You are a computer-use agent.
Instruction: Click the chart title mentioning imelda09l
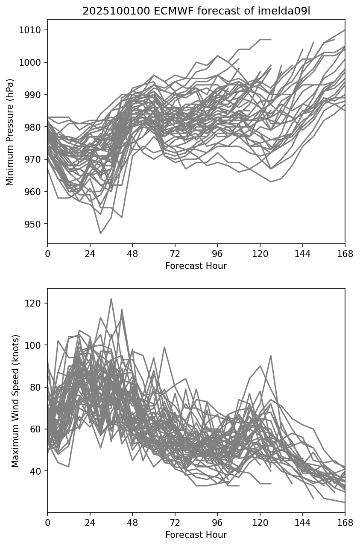coord(196,11)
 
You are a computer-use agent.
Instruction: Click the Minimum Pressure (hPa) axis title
coord(10,132)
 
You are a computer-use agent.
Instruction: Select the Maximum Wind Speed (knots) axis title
coord(15,401)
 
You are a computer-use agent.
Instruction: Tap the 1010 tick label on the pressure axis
coord(32,30)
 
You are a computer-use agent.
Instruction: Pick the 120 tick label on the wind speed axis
coord(35,303)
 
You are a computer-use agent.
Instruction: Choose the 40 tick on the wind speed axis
coord(37,471)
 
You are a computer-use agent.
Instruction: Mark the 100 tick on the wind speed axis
coord(35,345)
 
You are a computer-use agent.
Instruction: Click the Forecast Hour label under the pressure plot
coord(196,266)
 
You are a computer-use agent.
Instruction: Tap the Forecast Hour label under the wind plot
coord(196,535)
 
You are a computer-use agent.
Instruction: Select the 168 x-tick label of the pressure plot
coord(345,254)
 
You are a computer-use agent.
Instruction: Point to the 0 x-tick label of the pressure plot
coord(47,254)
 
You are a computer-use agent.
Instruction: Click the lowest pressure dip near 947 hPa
coord(100,234)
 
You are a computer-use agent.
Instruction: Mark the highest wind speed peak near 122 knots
coord(111,299)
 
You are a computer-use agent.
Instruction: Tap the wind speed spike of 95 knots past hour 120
coord(270,355)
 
